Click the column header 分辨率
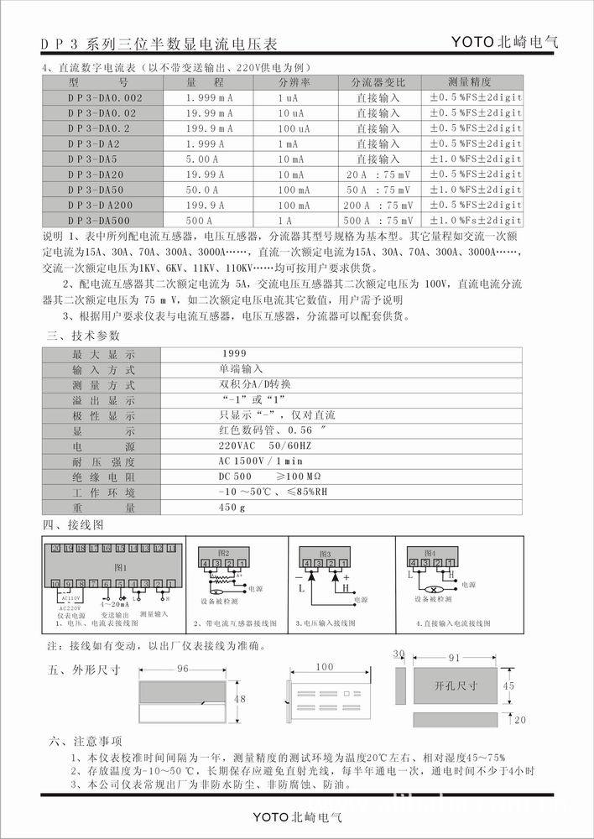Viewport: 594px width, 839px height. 294,83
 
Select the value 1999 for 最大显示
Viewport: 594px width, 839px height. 237,353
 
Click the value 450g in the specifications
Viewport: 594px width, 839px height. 232,508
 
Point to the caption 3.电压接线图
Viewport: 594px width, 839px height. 326,624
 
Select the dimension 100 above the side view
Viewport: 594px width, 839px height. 324,667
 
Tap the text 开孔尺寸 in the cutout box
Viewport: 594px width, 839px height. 456,685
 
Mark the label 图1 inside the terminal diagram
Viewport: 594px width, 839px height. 119,567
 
